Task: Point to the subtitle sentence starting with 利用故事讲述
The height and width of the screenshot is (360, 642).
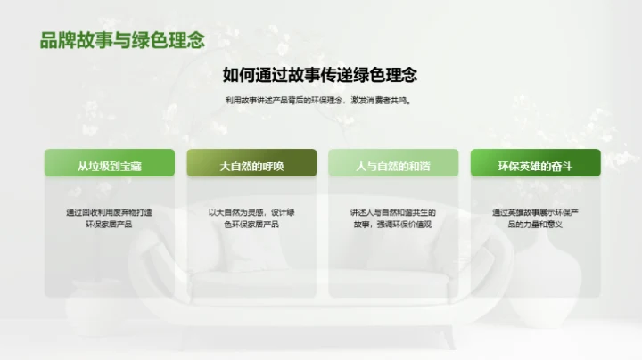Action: [x=320, y=101]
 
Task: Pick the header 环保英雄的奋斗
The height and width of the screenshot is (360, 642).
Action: [x=535, y=166]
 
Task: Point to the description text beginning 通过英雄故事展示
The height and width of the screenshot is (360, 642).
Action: [x=535, y=218]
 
